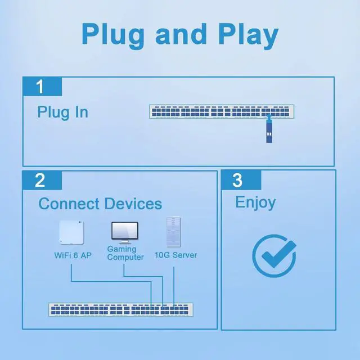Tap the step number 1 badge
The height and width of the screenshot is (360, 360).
point(40,87)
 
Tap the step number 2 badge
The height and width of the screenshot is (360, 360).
point(40,181)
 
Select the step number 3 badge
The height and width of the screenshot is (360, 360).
point(238,181)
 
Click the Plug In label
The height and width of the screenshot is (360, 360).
point(62,112)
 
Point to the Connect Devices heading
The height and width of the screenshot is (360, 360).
point(100,204)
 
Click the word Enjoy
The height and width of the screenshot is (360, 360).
point(255,202)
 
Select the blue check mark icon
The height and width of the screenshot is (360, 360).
point(273,255)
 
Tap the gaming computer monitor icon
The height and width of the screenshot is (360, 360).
point(124,232)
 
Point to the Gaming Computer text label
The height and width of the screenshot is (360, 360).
point(125,253)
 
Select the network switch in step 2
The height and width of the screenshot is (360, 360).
point(120,309)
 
